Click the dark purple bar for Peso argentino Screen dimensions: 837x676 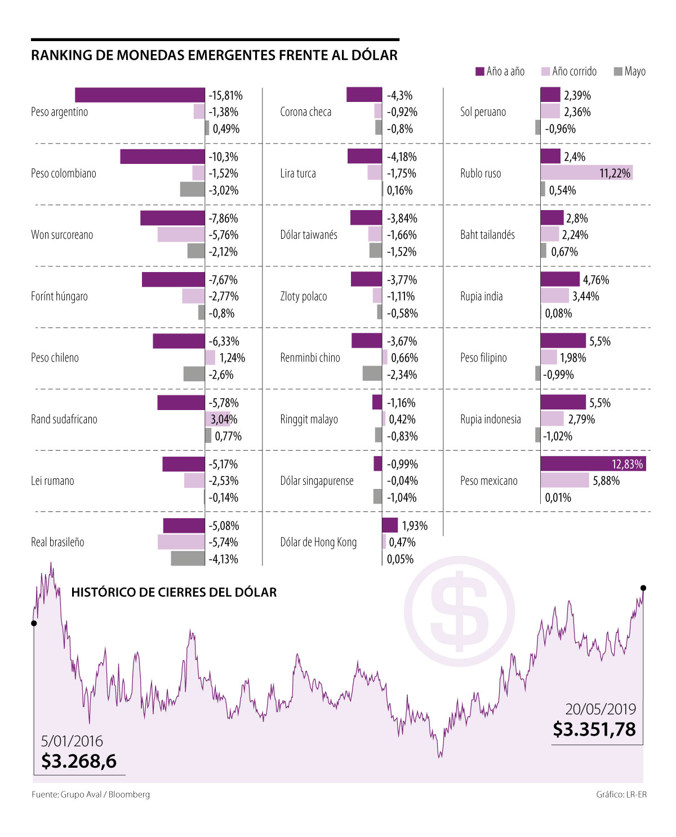140,95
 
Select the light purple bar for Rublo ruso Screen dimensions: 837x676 586,173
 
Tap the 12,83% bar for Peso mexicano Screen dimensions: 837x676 593,464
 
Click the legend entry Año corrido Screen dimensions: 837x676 569,72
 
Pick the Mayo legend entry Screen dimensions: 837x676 630,72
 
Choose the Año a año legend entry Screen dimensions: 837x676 500,72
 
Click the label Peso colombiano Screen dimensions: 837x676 64,173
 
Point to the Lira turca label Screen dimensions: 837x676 298,173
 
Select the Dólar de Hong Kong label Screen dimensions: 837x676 318,542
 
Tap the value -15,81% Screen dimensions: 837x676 225,95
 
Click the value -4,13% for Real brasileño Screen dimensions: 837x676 224,559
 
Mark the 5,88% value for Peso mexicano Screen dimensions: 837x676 606,481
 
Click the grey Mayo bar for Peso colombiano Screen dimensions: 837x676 192,190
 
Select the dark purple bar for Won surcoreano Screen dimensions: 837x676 172,218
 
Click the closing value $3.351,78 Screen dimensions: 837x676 594,729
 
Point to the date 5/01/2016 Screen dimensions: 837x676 72,741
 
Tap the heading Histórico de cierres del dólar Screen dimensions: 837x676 174,593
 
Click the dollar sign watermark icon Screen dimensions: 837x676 460,612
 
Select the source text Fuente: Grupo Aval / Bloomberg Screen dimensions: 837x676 91,795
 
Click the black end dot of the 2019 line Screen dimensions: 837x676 643,588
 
